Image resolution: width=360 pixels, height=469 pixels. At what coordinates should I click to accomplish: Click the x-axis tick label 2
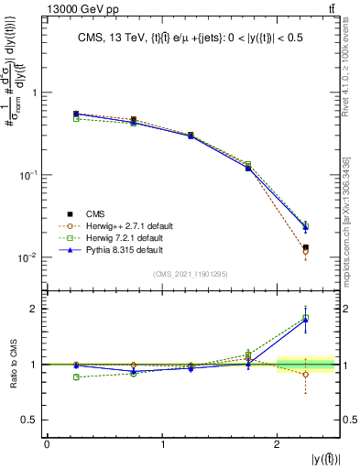click(278, 444)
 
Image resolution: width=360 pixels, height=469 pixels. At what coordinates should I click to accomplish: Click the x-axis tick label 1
click(162, 444)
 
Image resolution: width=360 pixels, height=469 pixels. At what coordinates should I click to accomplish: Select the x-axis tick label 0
click(47, 444)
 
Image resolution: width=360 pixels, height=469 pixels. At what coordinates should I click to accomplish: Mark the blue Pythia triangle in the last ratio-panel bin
click(306, 320)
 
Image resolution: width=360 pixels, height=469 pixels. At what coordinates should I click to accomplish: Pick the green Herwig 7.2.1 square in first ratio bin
click(76, 376)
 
